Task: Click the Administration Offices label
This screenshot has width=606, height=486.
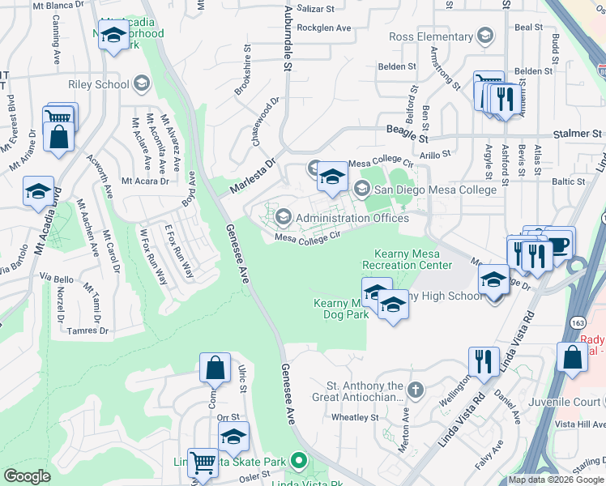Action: (x=352, y=217)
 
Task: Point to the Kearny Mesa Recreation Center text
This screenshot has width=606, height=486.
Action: (x=407, y=259)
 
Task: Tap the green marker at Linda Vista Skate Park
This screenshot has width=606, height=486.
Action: (x=298, y=462)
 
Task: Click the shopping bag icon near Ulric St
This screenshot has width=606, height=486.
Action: (x=216, y=369)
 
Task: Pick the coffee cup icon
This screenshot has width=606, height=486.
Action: (x=559, y=244)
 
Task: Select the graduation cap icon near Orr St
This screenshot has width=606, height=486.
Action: (x=233, y=437)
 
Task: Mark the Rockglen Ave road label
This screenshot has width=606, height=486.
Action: (x=324, y=28)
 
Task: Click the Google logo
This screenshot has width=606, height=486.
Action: (x=27, y=476)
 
